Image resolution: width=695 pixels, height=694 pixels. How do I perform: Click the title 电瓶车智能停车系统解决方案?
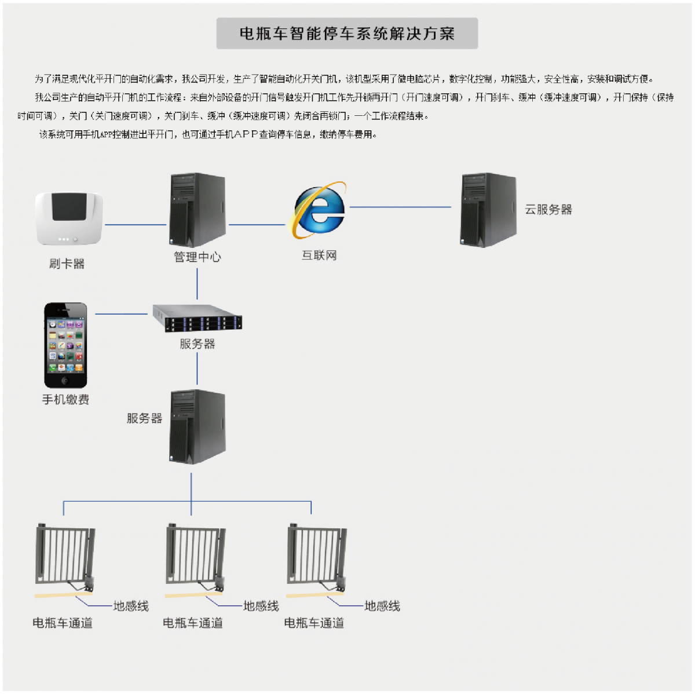pyautogui.click(x=347, y=34)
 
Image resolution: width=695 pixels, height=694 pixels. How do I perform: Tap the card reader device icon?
pyautogui.click(x=69, y=218)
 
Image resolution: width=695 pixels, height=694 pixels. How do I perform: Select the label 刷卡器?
pyautogui.click(x=67, y=264)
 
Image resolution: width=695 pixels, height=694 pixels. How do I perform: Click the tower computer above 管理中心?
pyautogui.click(x=197, y=210)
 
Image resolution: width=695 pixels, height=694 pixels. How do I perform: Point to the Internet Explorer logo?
pyautogui.click(x=320, y=210)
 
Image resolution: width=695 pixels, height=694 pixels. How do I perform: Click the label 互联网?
pyautogui.click(x=319, y=255)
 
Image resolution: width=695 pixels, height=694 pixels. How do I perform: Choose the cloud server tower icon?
pyautogui.click(x=488, y=210)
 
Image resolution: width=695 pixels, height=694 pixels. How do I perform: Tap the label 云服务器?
pyautogui.click(x=548, y=210)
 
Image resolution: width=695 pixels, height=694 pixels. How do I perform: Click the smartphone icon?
pyautogui.click(x=66, y=345)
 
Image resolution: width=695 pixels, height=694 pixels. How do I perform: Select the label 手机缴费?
pyautogui.click(x=65, y=400)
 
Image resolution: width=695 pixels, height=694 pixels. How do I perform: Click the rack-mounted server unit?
pyautogui.click(x=197, y=318)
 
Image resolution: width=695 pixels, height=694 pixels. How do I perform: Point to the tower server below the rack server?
pyautogui.click(x=197, y=426)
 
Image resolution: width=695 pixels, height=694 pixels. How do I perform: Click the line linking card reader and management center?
pyautogui.click(x=135, y=225)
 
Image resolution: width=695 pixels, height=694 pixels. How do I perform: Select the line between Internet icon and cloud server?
pyautogui.click(x=400, y=207)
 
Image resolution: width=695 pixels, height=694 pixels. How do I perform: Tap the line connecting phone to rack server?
pyautogui.click(x=121, y=314)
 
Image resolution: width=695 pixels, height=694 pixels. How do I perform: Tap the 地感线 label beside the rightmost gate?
pyautogui.click(x=382, y=607)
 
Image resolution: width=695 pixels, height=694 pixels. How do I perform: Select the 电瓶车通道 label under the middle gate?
pyautogui.click(x=193, y=623)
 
